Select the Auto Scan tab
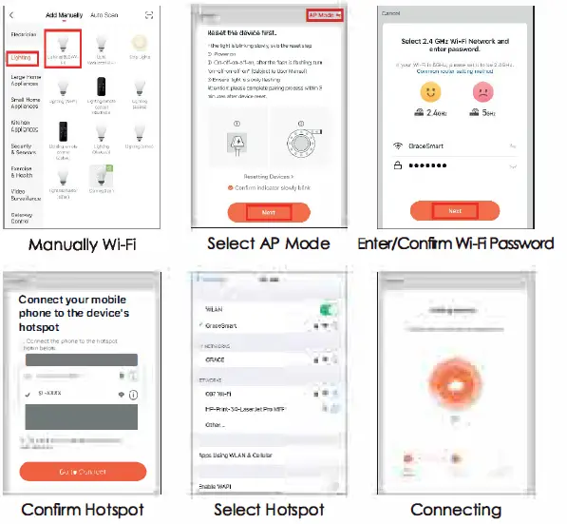click(x=104, y=15)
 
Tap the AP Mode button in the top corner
click(x=324, y=15)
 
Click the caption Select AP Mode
click(x=269, y=243)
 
